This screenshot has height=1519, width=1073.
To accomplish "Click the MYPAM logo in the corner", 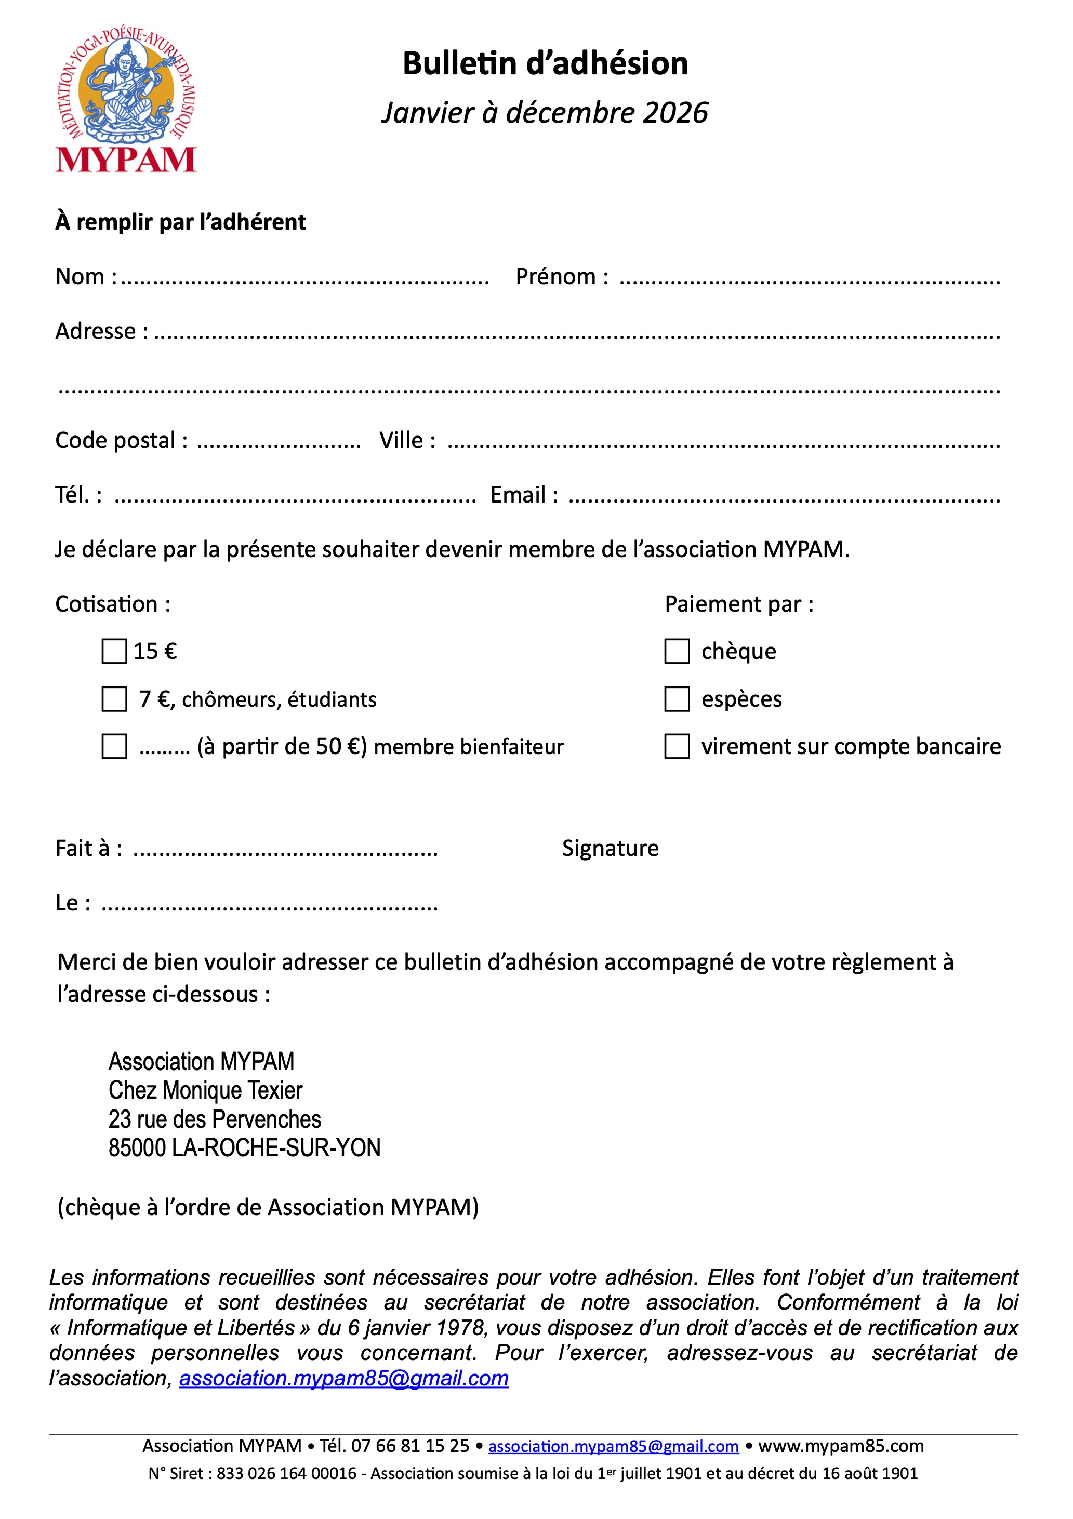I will pyautogui.click(x=126, y=99).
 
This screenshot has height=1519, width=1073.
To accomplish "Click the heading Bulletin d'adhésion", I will pyautogui.click(x=545, y=63).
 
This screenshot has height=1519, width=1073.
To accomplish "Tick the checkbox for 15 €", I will pyautogui.click(x=114, y=651).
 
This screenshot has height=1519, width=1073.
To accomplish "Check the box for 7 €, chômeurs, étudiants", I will pyautogui.click(x=114, y=698).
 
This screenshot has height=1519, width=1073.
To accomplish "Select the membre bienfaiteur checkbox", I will pyautogui.click(x=114, y=746).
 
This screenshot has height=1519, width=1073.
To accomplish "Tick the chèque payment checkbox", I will pyautogui.click(x=677, y=651).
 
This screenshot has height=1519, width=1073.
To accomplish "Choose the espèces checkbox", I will pyautogui.click(x=677, y=698).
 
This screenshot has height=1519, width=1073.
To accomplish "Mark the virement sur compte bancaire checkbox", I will pyautogui.click(x=677, y=746).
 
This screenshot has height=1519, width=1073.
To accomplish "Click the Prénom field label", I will pyautogui.click(x=561, y=276).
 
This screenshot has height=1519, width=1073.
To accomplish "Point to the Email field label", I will pyautogui.click(x=523, y=495).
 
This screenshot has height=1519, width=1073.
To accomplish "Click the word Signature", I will pyautogui.click(x=610, y=848).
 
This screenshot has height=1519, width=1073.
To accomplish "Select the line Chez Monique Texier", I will pyautogui.click(x=205, y=1090).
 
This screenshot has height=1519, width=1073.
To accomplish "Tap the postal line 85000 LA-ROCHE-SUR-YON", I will pyautogui.click(x=244, y=1147).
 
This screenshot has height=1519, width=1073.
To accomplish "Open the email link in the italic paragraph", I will pyautogui.click(x=343, y=1378).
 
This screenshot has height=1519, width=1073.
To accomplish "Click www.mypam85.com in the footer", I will pyautogui.click(x=840, y=1446).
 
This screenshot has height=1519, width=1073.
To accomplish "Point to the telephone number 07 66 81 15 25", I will pyautogui.click(x=409, y=1446).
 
